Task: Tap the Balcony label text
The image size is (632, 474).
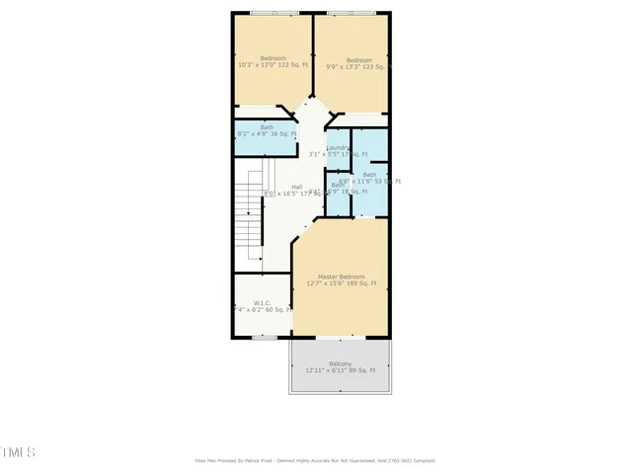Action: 340,363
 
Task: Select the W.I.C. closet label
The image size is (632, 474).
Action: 262,303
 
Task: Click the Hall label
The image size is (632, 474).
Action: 296,187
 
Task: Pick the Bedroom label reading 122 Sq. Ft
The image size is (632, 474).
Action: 272,58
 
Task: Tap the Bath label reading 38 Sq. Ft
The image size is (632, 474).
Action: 267,126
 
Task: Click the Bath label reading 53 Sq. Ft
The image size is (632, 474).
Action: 369,175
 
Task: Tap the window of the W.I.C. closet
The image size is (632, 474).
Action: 264,339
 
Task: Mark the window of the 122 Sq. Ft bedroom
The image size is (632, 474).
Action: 275,13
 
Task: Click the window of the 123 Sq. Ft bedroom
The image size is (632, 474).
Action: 351,13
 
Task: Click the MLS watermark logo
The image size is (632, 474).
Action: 18,452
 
